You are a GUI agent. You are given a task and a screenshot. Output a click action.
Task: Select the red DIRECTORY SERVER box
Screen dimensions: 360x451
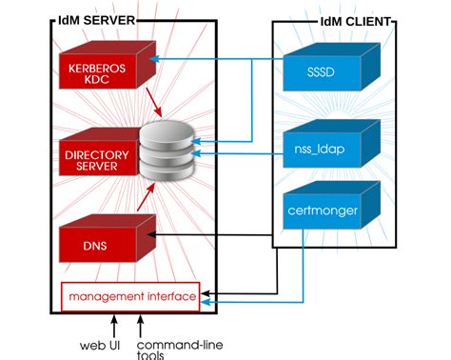click(92, 159)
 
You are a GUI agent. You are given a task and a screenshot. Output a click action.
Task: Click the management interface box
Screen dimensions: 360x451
click(132, 297)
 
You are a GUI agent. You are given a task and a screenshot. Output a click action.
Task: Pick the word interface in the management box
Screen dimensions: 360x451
click(167, 297)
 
